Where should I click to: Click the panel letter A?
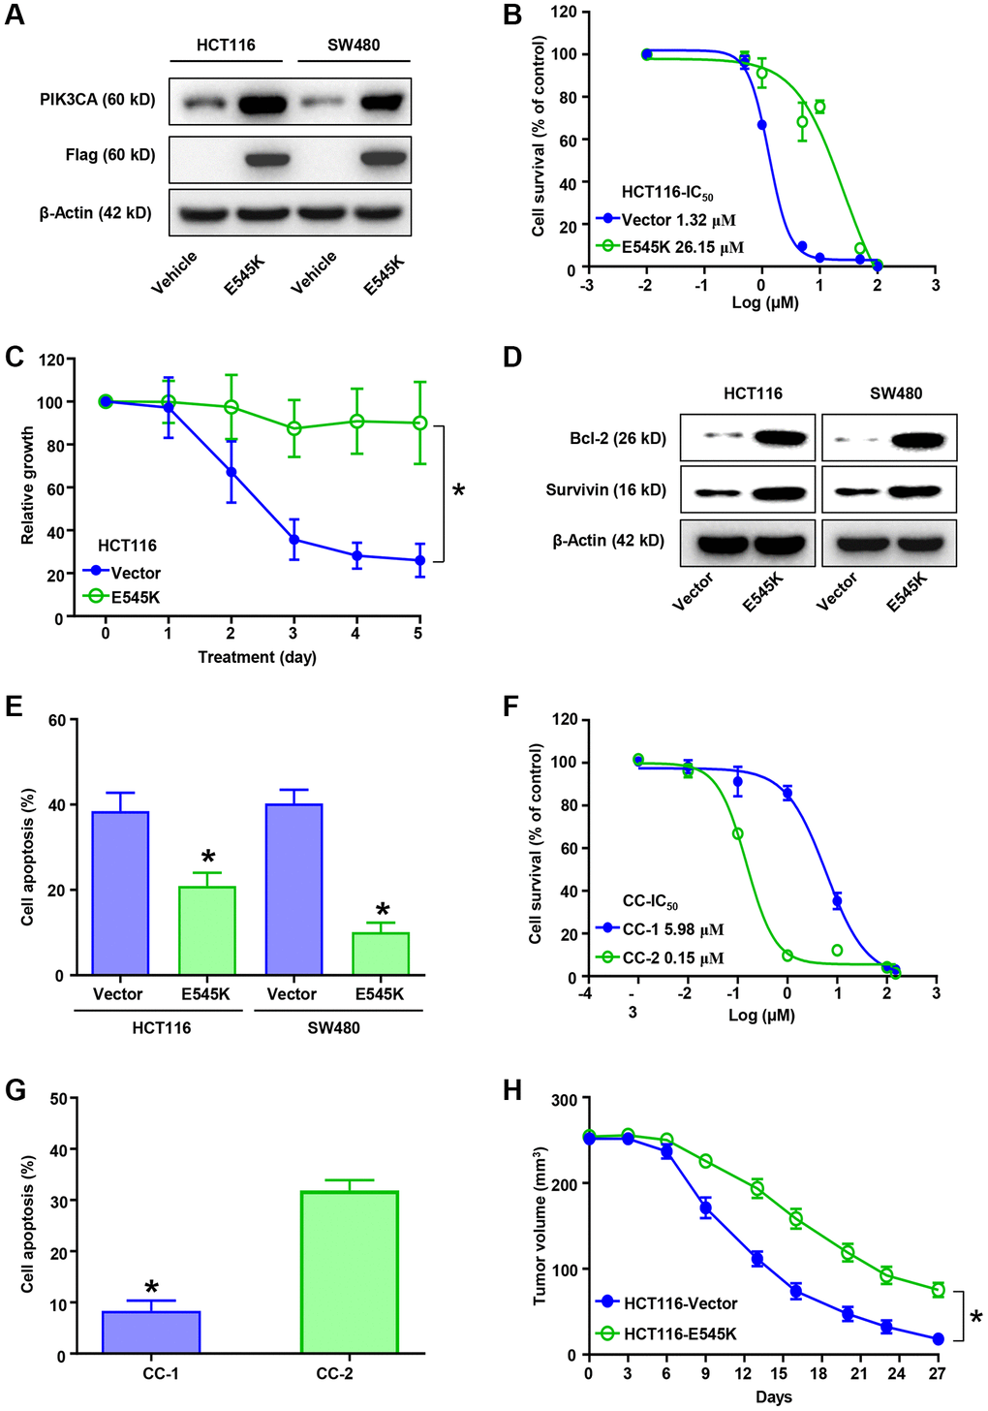(15, 16)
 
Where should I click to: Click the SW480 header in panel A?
(354, 45)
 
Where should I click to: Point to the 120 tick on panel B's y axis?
(565, 12)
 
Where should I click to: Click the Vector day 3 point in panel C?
(293, 540)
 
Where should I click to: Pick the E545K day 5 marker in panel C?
(418, 423)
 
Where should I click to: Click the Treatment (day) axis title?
(257, 657)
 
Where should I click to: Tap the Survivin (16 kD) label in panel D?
(605, 489)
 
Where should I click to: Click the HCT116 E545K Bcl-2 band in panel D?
(779, 439)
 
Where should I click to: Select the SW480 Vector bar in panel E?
(293, 889)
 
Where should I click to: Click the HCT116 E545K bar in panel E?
(206, 930)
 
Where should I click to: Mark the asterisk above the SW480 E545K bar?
(383, 910)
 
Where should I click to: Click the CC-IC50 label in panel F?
(650, 902)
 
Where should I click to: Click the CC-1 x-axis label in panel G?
(160, 1373)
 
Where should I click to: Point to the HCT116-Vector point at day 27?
(938, 1339)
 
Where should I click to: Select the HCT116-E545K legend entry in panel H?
(679, 1333)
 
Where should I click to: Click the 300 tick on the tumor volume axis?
(565, 1099)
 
